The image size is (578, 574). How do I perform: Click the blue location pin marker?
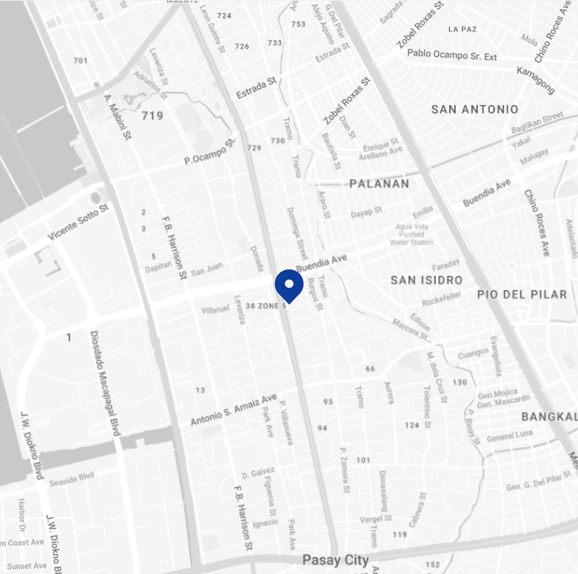point(289,285)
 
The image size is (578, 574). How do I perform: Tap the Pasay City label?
point(335,560)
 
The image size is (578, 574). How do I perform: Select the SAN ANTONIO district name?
point(475,109)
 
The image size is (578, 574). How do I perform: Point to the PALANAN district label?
point(379,183)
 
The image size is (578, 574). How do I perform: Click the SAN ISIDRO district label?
point(426,280)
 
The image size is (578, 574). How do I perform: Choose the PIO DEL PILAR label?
point(522,294)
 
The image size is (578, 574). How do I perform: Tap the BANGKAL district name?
point(549,417)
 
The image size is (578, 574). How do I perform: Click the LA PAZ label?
point(462,29)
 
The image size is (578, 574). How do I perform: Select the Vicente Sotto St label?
point(78,222)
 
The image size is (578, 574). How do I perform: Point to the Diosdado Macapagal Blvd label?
point(105,383)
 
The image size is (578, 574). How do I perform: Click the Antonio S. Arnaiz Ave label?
point(234,410)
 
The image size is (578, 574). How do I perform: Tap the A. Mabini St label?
point(117,117)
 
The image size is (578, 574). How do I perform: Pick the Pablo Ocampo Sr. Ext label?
point(452,55)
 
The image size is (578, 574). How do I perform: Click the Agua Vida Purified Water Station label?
point(411,234)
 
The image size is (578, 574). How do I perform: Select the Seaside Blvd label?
point(72,479)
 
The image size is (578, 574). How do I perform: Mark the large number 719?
point(152,116)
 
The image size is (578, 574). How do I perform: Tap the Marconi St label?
point(410,329)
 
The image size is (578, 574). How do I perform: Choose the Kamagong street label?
point(536,80)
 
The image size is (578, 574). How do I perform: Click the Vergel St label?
point(376,519)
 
